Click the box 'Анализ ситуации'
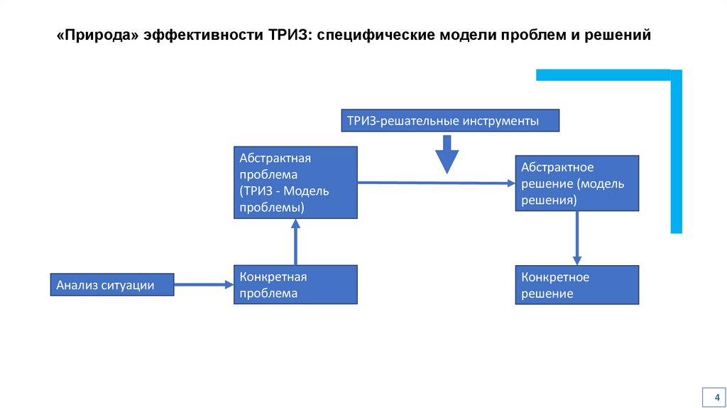coord(111,284)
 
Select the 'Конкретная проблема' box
coord(295,284)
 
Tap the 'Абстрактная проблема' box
coord(295,182)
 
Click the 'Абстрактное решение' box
coord(576,183)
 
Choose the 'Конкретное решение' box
coord(576,285)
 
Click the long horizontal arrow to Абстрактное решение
coord(435,183)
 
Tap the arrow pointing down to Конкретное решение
coord(576,238)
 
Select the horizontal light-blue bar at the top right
coord(603,75)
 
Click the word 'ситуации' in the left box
coord(131,284)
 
